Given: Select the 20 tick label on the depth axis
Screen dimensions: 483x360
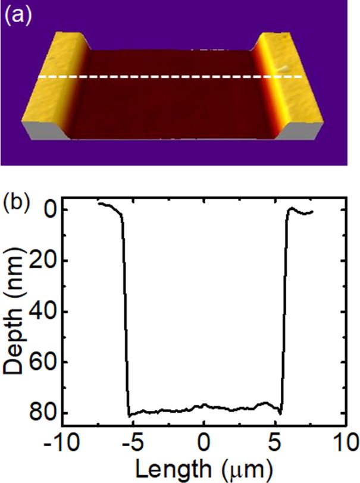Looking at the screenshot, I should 43,261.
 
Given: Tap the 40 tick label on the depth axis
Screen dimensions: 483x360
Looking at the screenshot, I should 43,311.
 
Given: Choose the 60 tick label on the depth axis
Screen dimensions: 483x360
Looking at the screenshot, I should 43,362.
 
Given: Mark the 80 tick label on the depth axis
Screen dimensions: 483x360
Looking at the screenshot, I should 43,412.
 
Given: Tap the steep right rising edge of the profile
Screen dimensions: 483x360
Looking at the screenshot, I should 284,309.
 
